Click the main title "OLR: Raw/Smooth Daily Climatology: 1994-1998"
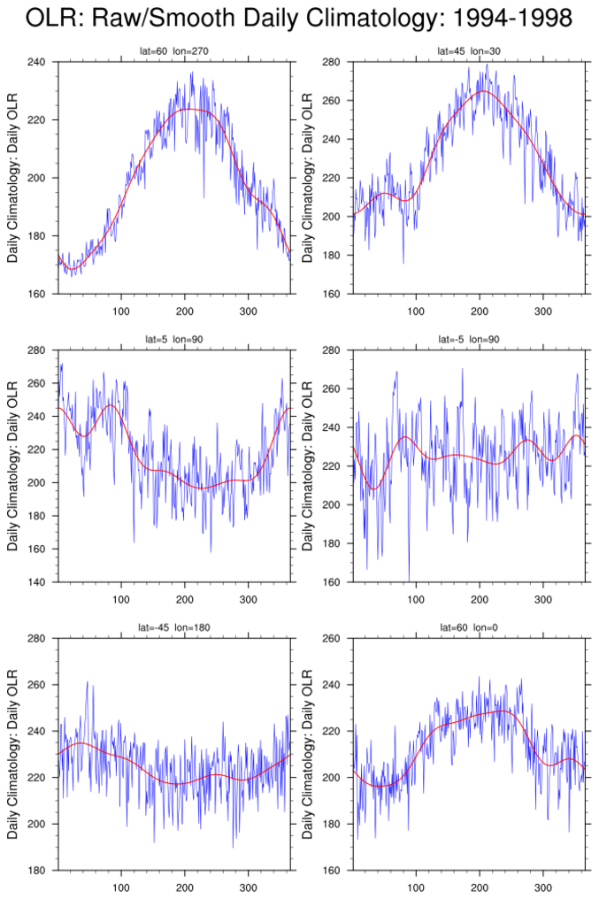tap(299, 18)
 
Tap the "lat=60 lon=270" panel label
tap(173, 51)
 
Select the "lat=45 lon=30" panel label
tap(469, 51)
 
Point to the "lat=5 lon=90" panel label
tap(173, 340)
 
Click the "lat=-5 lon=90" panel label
tap(469, 340)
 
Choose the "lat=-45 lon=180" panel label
tap(173, 627)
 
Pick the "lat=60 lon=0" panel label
tap(469, 627)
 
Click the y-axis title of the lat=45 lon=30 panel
tap(308, 178)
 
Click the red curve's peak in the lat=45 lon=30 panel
tap(482, 90)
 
